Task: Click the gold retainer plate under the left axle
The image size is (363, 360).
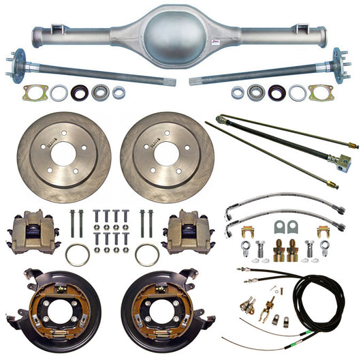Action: click(x=34, y=92)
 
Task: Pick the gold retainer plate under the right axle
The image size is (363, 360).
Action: click(x=320, y=92)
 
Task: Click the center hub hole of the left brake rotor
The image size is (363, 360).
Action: click(x=63, y=154)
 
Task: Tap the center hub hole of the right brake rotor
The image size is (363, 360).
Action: click(x=168, y=154)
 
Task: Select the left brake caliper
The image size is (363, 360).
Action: click(x=33, y=232)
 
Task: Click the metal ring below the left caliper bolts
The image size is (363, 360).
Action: click(x=78, y=255)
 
